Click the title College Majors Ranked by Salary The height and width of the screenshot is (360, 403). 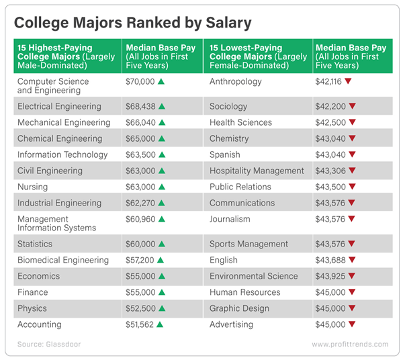(133, 23)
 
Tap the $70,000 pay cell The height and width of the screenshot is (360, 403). (140, 81)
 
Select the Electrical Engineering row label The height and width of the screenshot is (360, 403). (59, 106)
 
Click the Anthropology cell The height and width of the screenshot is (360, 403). (236, 81)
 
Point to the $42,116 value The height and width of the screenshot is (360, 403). (328, 81)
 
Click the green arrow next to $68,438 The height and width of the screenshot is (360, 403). (162, 106)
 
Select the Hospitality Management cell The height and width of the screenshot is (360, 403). (257, 171)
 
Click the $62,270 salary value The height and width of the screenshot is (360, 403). (140, 203)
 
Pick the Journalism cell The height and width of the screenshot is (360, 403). (230, 219)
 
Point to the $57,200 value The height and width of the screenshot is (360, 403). (140, 260)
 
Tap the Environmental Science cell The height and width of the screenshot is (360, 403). (253, 276)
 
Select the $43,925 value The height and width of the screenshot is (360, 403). (328, 276)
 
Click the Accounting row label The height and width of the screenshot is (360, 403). (39, 324)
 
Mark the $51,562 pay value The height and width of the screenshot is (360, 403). (140, 324)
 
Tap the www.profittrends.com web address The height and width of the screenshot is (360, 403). (350, 345)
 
